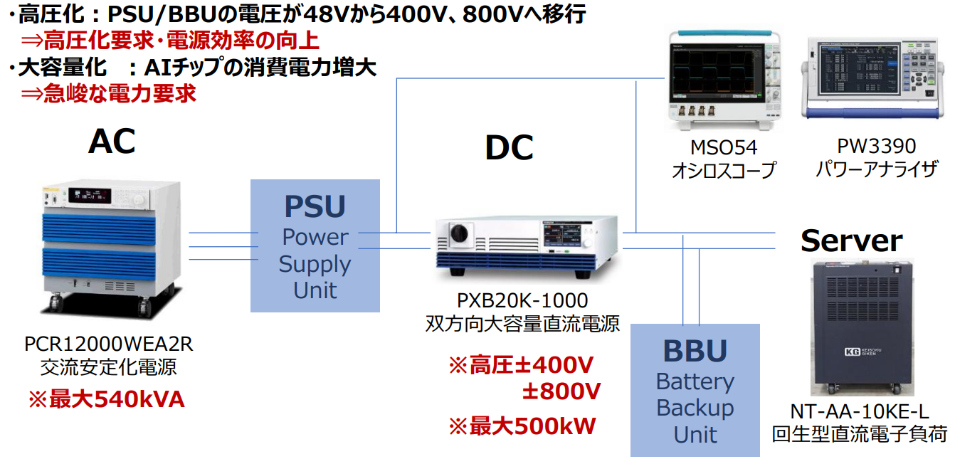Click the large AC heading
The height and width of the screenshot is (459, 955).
112,142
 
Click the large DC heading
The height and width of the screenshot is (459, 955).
509,148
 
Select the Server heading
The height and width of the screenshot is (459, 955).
851,241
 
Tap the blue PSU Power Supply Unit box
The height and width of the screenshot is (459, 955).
315,246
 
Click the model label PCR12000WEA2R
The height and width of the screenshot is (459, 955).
109,344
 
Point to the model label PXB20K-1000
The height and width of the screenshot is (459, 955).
522,300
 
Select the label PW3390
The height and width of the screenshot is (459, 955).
876,147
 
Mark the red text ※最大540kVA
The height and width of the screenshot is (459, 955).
106,399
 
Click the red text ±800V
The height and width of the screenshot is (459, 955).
561,391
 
